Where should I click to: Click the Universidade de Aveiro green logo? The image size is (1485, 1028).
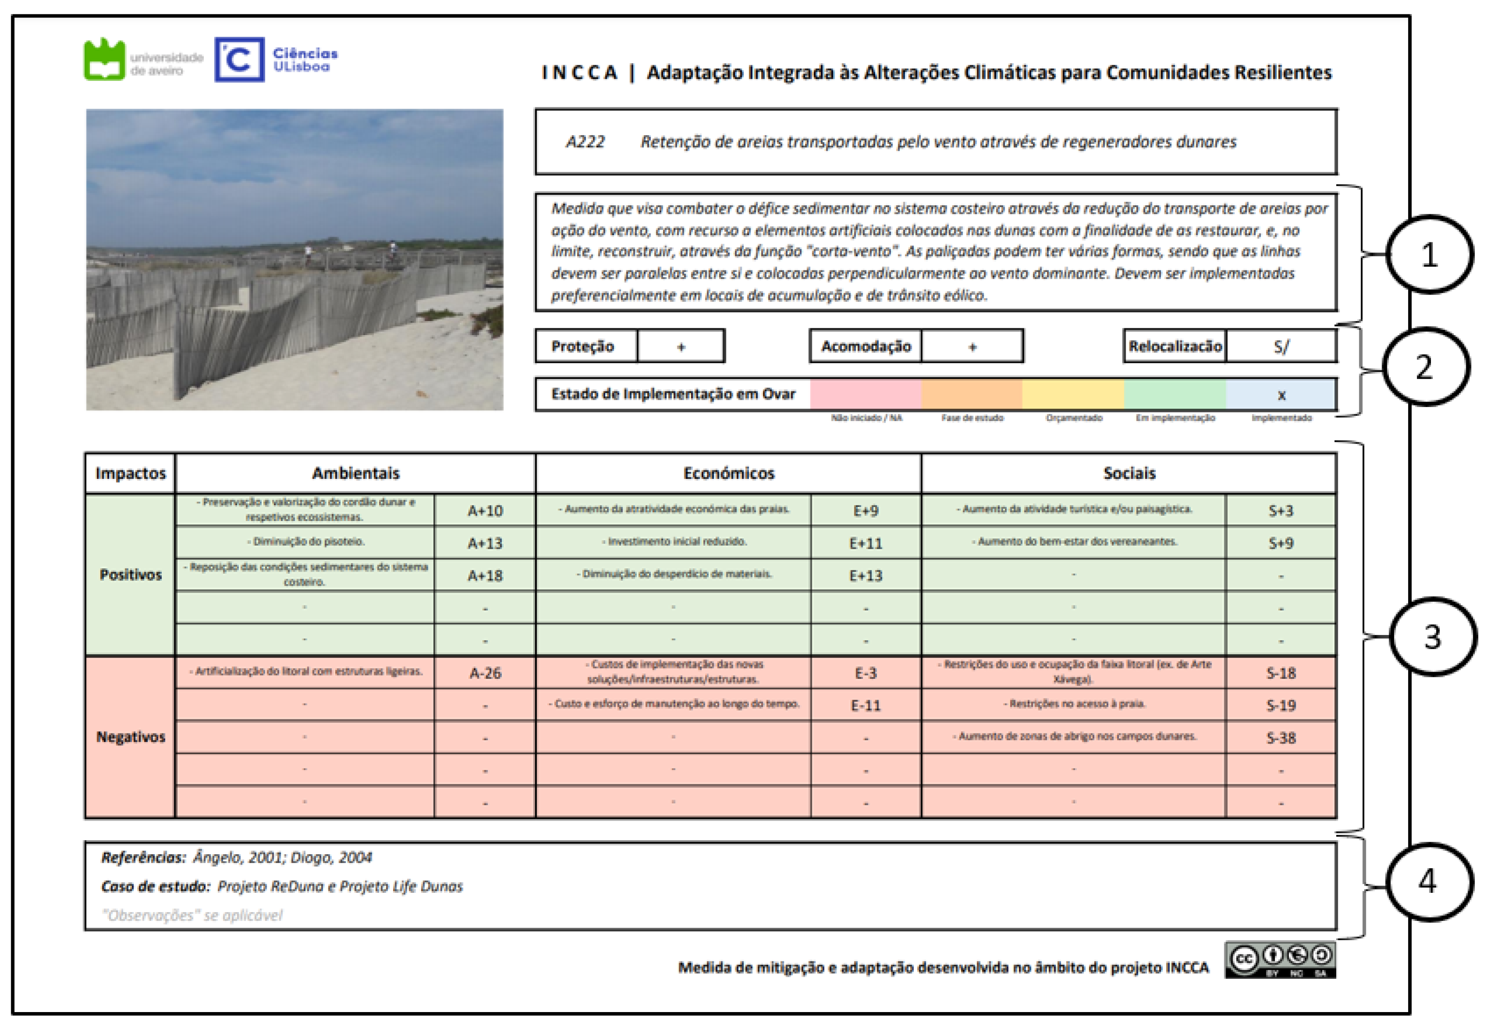(104, 60)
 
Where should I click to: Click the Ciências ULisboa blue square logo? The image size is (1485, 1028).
(239, 60)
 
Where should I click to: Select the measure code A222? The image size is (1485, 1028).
(585, 141)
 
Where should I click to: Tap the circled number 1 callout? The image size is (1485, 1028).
(1429, 254)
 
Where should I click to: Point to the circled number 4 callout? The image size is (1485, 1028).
(1428, 882)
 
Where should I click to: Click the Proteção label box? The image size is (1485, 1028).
(583, 347)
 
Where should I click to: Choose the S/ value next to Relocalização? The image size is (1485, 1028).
(1281, 347)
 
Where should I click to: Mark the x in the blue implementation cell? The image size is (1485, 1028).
(1281, 395)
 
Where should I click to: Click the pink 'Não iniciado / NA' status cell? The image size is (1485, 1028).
(865, 394)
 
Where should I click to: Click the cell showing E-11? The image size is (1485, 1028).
(865, 705)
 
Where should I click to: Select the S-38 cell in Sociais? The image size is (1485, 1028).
(1281, 737)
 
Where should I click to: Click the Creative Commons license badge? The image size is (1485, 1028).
(1280, 960)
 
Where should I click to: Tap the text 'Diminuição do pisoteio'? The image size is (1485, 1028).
(306, 542)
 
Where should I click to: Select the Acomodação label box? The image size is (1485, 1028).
(865, 347)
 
